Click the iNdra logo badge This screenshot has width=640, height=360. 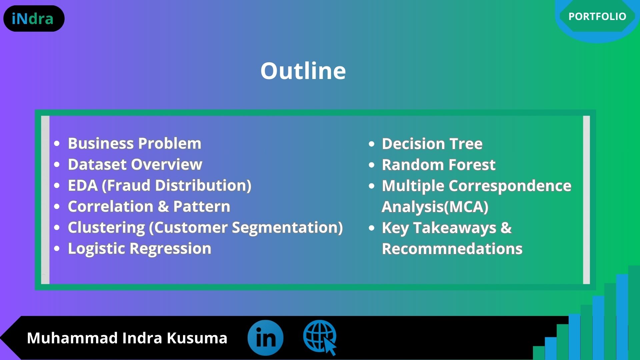tap(34, 19)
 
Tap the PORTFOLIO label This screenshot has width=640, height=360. tap(597, 16)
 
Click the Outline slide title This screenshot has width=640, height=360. tap(303, 71)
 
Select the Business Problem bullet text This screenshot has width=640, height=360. tap(135, 144)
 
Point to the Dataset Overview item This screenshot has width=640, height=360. tap(135, 164)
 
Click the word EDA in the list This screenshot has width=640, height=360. tap(83, 185)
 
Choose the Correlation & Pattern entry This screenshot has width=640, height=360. tap(149, 206)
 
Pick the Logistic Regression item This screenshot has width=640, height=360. tap(139, 249)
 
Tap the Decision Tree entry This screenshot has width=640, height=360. tap(432, 144)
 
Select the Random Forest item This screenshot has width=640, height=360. tap(439, 165)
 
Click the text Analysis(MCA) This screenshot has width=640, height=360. tap(435, 207)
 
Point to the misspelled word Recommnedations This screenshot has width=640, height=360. tap(452, 249)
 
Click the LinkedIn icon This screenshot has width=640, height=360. tap(265, 338)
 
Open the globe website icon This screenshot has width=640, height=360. tap(320, 337)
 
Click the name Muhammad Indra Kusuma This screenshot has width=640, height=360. tap(127, 338)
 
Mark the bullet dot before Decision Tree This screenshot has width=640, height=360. tap(372, 144)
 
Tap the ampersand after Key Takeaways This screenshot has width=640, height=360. tap(506, 228)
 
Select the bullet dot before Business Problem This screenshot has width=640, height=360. tap(57, 144)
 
